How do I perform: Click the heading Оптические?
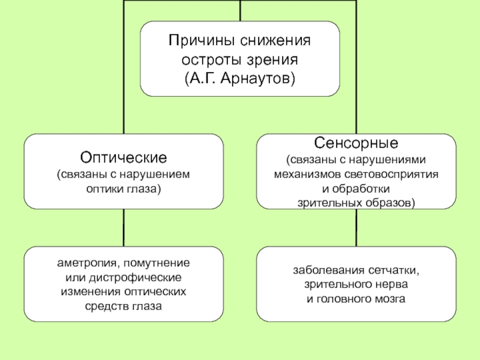pyautogui.click(x=124, y=158)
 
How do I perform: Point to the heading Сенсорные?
pyautogui.click(x=356, y=143)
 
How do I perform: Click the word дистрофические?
pyautogui.click(x=136, y=278)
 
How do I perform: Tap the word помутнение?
pyautogui.click(x=157, y=263)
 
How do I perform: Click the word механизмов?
pyautogui.click(x=308, y=175)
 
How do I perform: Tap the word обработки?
pyautogui.click(x=361, y=189)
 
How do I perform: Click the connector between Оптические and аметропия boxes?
pyautogui.click(x=124, y=228)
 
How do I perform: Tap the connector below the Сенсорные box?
pyautogui.click(x=356, y=228)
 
